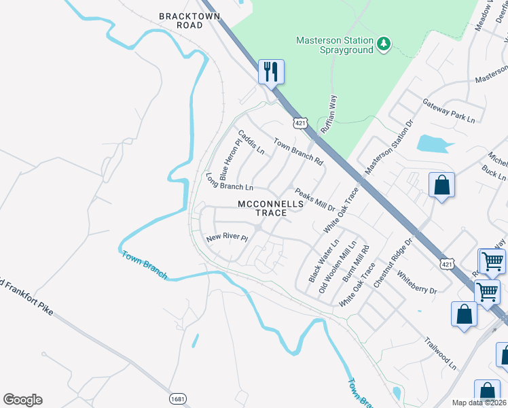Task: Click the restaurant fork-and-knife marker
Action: click(x=271, y=71)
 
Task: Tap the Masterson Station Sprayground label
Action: click(x=335, y=45)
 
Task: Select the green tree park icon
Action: click(x=384, y=44)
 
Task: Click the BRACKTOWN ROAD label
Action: click(x=181, y=20)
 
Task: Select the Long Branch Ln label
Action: click(x=229, y=182)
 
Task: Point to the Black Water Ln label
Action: click(x=324, y=260)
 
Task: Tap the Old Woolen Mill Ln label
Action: click(x=338, y=267)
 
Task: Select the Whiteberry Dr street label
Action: click(x=417, y=282)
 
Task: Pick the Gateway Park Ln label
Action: click(x=449, y=110)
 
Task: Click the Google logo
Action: click(x=22, y=400)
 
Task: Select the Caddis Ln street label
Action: click(x=251, y=141)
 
